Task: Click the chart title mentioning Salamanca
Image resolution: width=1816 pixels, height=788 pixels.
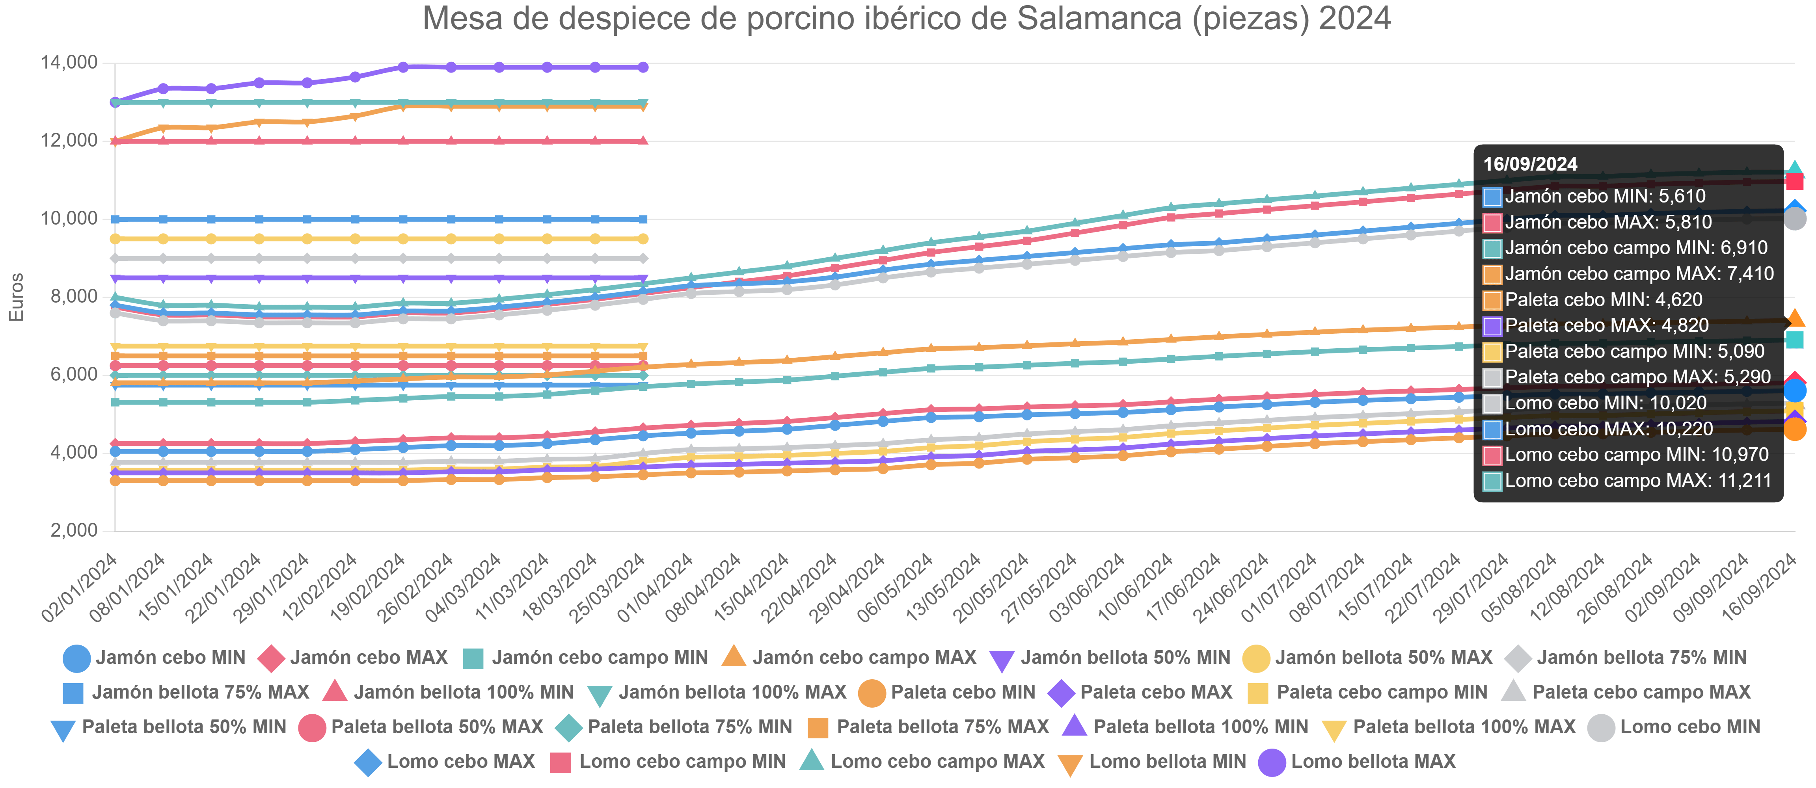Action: click(x=907, y=19)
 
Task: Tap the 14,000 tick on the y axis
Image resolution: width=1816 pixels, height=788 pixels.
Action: click(x=69, y=63)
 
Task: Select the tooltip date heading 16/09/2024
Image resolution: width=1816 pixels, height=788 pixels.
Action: click(x=1530, y=164)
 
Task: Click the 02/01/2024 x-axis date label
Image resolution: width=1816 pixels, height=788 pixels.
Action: click(x=79, y=589)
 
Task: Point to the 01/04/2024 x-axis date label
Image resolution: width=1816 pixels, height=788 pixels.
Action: click(x=654, y=589)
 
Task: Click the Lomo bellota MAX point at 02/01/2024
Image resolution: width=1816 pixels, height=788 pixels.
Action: click(x=115, y=102)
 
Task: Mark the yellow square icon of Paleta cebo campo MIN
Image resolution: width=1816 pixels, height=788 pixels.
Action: click(x=1258, y=693)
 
